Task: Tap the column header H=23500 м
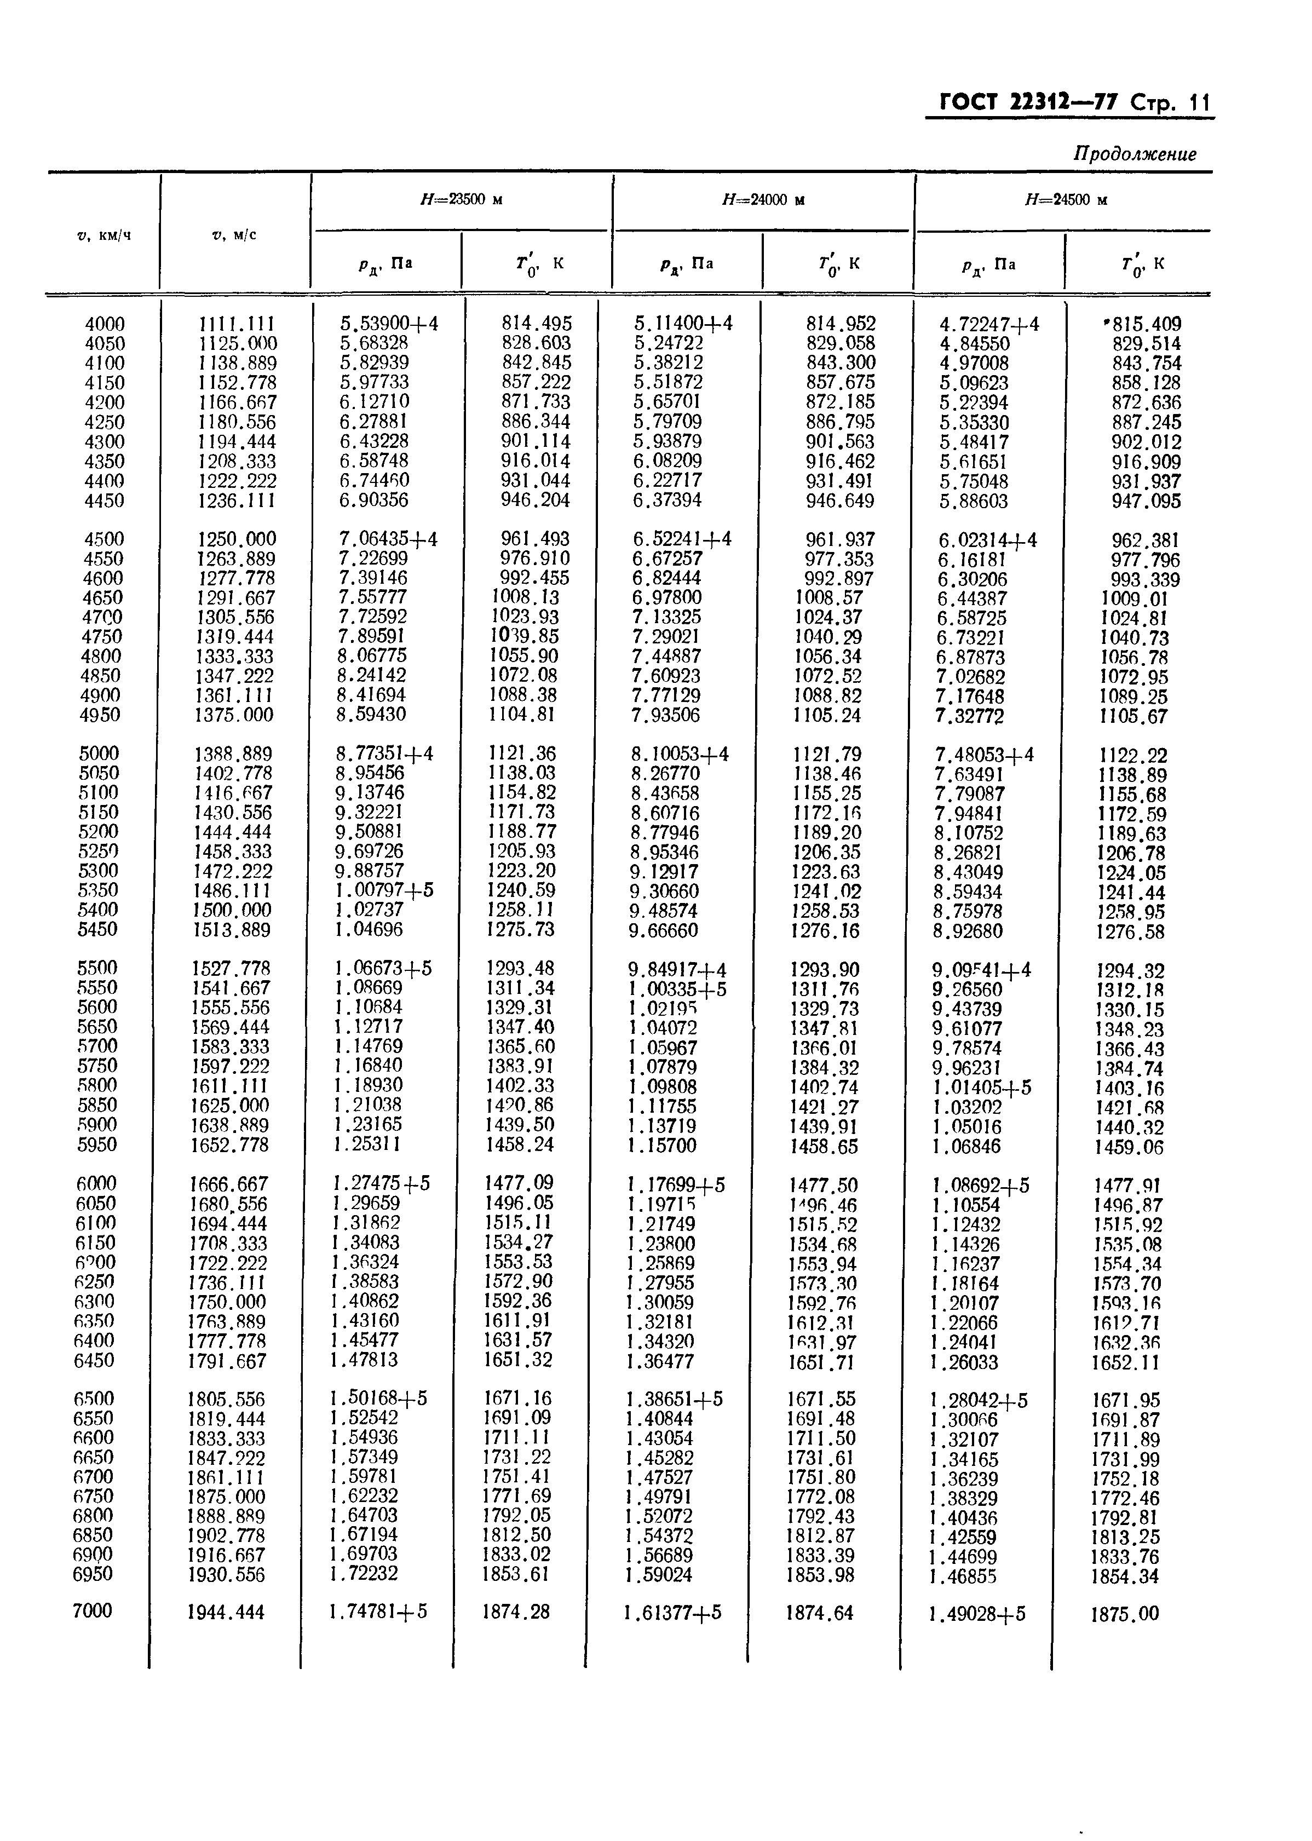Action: (461, 199)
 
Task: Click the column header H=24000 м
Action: (763, 199)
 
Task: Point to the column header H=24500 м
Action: (1065, 199)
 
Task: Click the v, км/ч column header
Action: (104, 235)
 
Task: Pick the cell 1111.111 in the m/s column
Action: (237, 324)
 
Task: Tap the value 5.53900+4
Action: (389, 324)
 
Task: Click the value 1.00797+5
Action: (384, 890)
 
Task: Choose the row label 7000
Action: (92, 1611)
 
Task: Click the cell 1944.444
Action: (226, 1613)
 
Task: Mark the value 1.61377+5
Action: (672, 1613)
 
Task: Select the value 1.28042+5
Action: (979, 1401)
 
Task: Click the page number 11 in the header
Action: (1198, 102)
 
